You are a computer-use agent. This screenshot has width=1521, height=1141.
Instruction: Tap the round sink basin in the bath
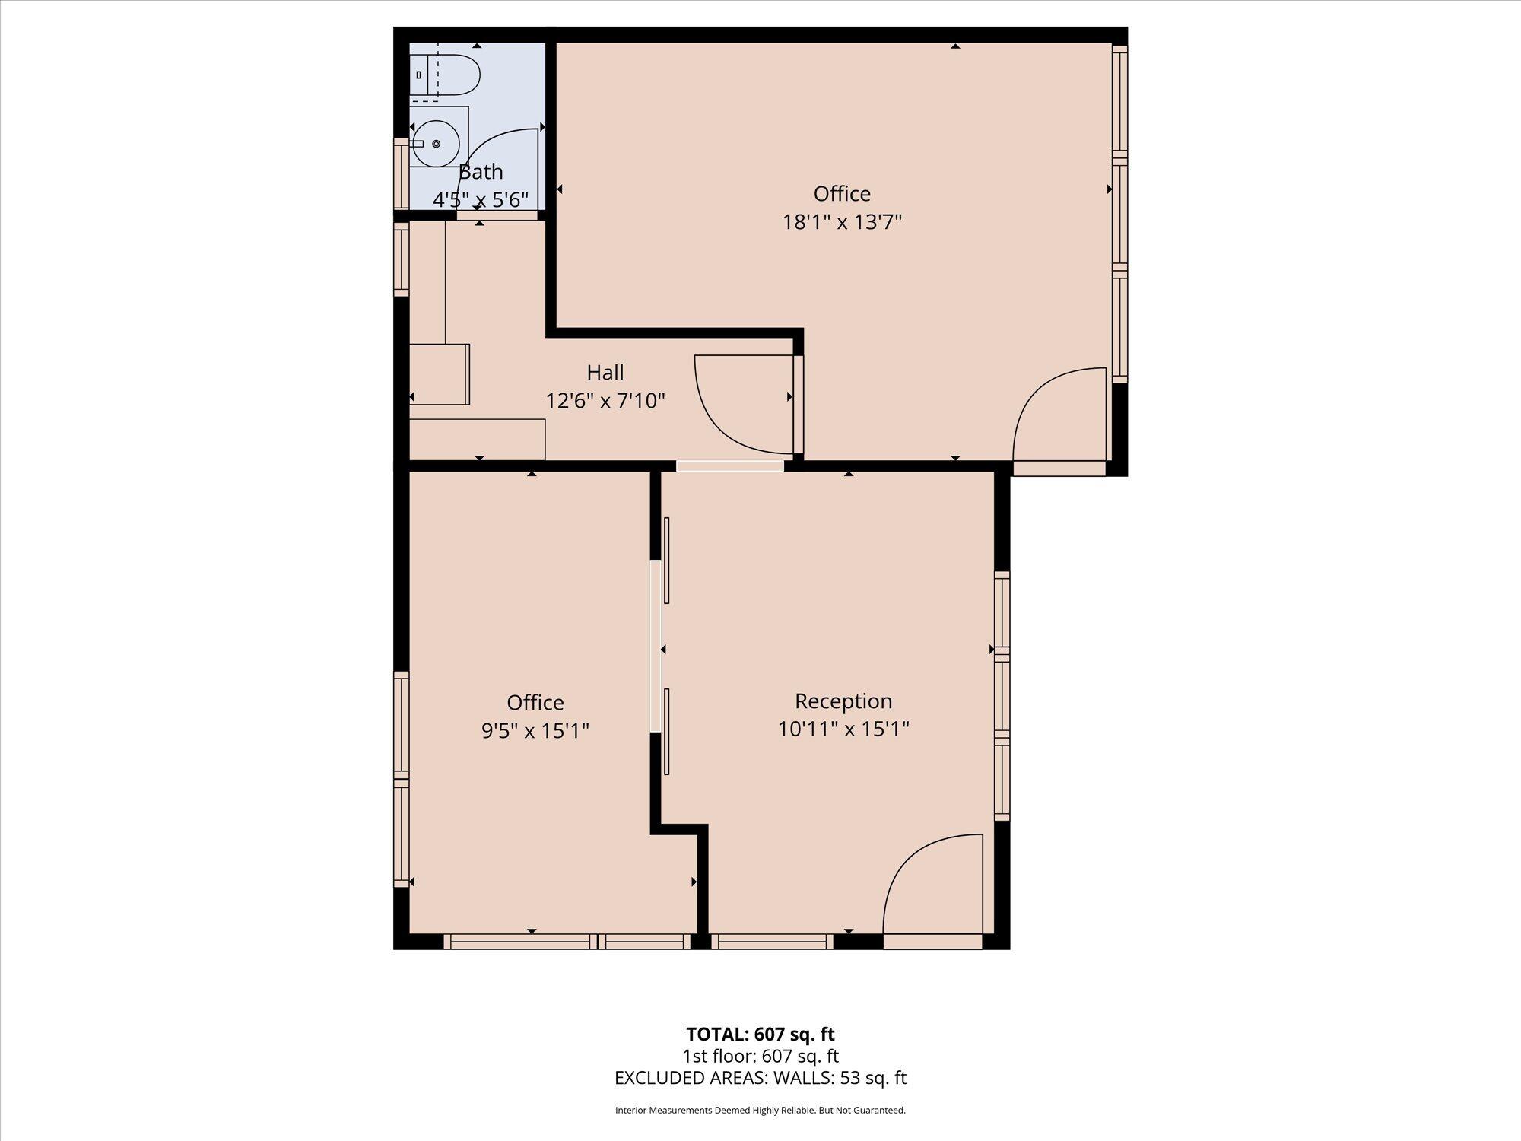[436, 144]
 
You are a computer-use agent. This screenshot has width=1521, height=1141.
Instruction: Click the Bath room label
[481, 172]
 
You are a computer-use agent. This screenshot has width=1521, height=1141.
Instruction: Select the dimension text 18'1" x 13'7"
[842, 222]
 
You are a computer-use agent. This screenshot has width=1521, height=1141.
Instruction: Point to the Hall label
[605, 372]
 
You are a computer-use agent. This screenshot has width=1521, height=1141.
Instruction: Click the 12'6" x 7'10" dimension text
[605, 400]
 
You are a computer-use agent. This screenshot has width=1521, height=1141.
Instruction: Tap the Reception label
[843, 701]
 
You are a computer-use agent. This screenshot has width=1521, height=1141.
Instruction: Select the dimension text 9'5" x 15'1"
[535, 730]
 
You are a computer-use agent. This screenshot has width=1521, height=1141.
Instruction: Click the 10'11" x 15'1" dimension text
[843, 729]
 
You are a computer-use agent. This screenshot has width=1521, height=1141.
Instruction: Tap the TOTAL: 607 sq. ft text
[760, 1034]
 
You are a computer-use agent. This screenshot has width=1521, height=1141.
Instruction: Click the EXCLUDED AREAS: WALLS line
[760, 1078]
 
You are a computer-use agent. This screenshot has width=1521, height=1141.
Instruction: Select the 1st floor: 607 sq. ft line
[760, 1056]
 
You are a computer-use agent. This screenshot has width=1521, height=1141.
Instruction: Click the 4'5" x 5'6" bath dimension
[481, 200]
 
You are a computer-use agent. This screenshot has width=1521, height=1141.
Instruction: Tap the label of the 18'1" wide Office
[842, 194]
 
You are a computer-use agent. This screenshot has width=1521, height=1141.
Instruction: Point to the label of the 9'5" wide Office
[535, 702]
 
